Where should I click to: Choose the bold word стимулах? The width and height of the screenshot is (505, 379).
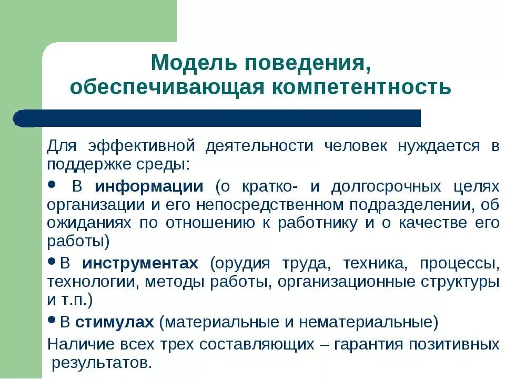(114, 322)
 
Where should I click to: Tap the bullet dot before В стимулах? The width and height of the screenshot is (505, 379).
(52, 320)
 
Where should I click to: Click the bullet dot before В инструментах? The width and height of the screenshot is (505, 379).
(52, 261)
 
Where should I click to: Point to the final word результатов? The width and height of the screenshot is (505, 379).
(102, 362)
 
